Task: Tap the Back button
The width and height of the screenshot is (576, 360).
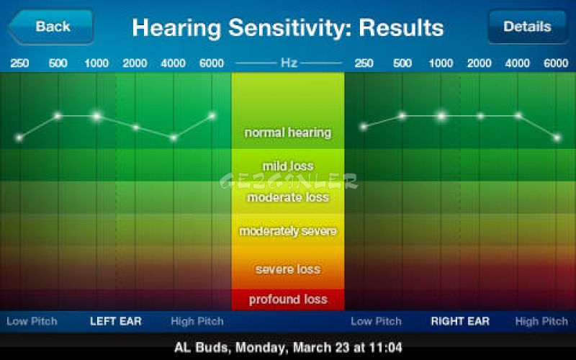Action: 50,27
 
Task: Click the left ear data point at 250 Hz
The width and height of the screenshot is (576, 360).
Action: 19,138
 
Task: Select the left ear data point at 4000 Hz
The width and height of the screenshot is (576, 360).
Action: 174,138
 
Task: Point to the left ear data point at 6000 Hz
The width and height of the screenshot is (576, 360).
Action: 212,116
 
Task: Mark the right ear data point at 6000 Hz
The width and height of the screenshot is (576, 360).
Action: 557,138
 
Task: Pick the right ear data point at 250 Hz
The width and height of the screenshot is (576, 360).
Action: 364,127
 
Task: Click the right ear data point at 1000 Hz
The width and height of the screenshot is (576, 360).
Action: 441,116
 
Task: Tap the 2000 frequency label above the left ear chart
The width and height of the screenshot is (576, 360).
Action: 135,63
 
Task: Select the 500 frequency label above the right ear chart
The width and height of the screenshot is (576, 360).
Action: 402,63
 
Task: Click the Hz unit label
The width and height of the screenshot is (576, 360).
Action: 289,63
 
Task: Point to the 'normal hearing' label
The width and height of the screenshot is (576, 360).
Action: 288,132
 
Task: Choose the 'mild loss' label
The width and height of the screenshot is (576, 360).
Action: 288,166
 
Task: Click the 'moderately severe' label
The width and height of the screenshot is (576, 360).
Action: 288,231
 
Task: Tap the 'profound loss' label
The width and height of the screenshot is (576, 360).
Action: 288,300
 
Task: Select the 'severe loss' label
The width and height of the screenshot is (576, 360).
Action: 288,269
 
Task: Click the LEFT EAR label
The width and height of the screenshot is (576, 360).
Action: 116,321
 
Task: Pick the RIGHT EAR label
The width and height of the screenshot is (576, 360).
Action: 460,321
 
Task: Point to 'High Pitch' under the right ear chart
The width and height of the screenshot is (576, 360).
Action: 541,321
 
